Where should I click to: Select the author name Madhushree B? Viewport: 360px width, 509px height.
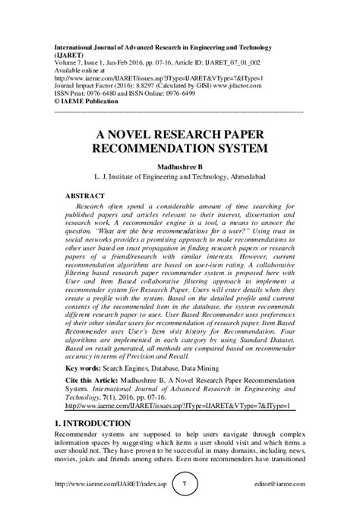179,165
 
